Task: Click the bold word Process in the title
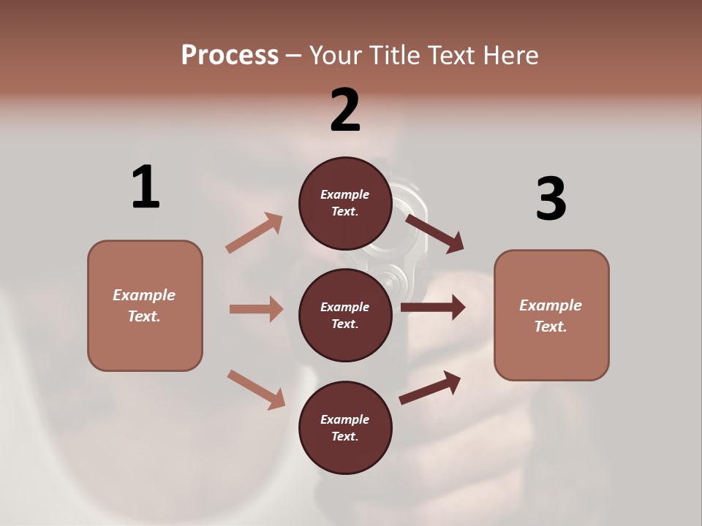[x=230, y=56]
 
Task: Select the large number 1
[x=146, y=187]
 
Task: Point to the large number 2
[x=345, y=110]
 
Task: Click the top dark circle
[x=345, y=203]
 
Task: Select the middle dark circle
[x=345, y=315]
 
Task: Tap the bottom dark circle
[x=345, y=427]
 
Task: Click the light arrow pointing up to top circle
[x=254, y=233]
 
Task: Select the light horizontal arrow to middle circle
[x=256, y=309]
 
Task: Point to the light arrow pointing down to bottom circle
[x=256, y=389]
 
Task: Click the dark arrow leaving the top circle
[x=435, y=233]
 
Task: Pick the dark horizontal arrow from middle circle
[x=433, y=308]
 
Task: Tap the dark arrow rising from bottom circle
[x=430, y=387]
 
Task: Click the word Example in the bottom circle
[x=345, y=419]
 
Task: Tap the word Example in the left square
[x=144, y=295]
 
